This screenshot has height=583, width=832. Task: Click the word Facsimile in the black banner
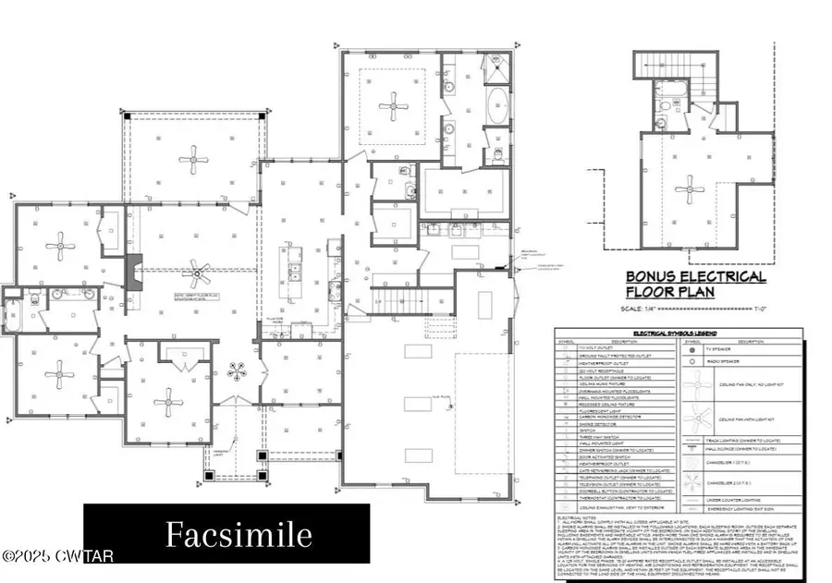coord(226,533)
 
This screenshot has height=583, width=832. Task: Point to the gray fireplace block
coord(133,273)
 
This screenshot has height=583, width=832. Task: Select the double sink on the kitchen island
coord(296,270)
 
